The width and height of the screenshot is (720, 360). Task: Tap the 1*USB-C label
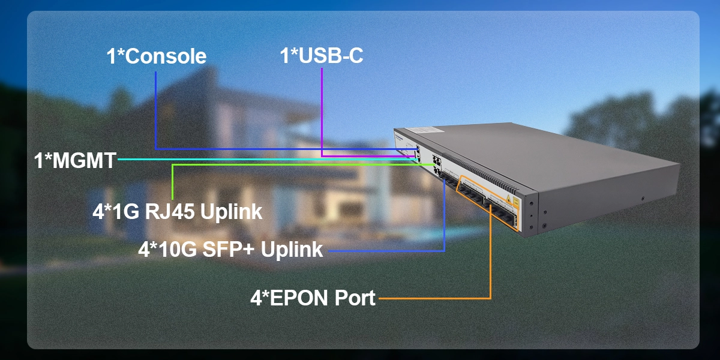[322, 56]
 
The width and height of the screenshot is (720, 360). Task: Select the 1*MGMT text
[75, 161]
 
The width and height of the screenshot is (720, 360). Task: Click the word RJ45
[172, 212]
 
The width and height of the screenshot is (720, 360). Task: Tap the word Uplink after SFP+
[294, 250]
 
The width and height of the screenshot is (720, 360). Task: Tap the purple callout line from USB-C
[322, 114]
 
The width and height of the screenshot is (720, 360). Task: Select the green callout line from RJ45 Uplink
[173, 180]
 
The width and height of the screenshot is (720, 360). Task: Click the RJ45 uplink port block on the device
[437, 166]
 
